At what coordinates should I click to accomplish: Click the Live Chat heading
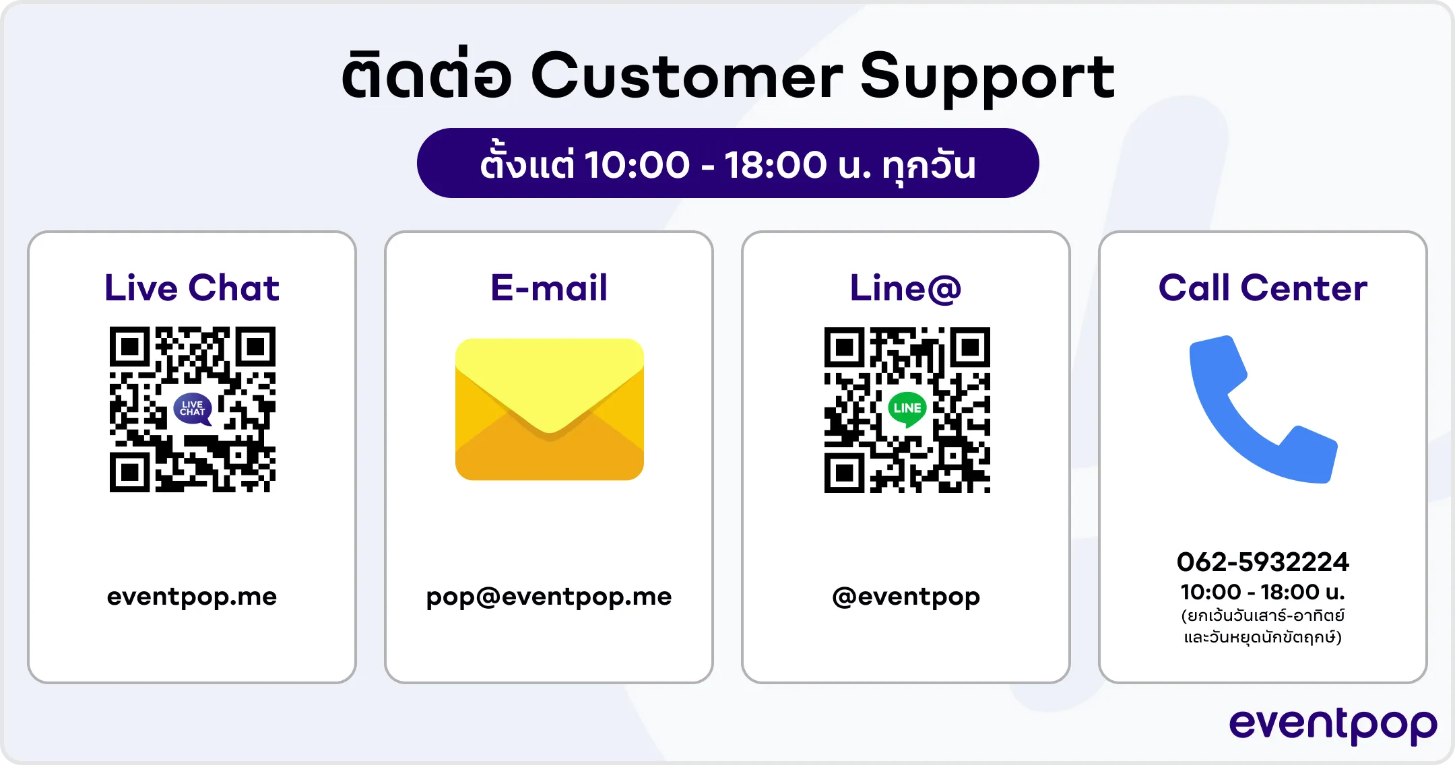192,288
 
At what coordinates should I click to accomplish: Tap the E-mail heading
549,288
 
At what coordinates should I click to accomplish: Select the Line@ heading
905,288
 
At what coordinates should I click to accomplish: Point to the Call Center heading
1263,288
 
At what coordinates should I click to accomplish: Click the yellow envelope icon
550,409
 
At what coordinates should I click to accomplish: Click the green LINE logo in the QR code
907,409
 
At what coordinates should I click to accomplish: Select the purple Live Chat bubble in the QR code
193,409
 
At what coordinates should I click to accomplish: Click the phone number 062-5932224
1263,562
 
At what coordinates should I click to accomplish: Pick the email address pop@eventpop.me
549,597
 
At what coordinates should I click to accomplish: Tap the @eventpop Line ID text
906,597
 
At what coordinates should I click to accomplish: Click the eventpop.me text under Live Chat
192,597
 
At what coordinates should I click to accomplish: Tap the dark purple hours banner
727,163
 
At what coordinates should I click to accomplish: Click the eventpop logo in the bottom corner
1333,726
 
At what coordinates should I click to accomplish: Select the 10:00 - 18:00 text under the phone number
1263,592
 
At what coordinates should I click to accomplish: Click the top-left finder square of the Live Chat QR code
130,347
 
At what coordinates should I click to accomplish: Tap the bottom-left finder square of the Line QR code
845,473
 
